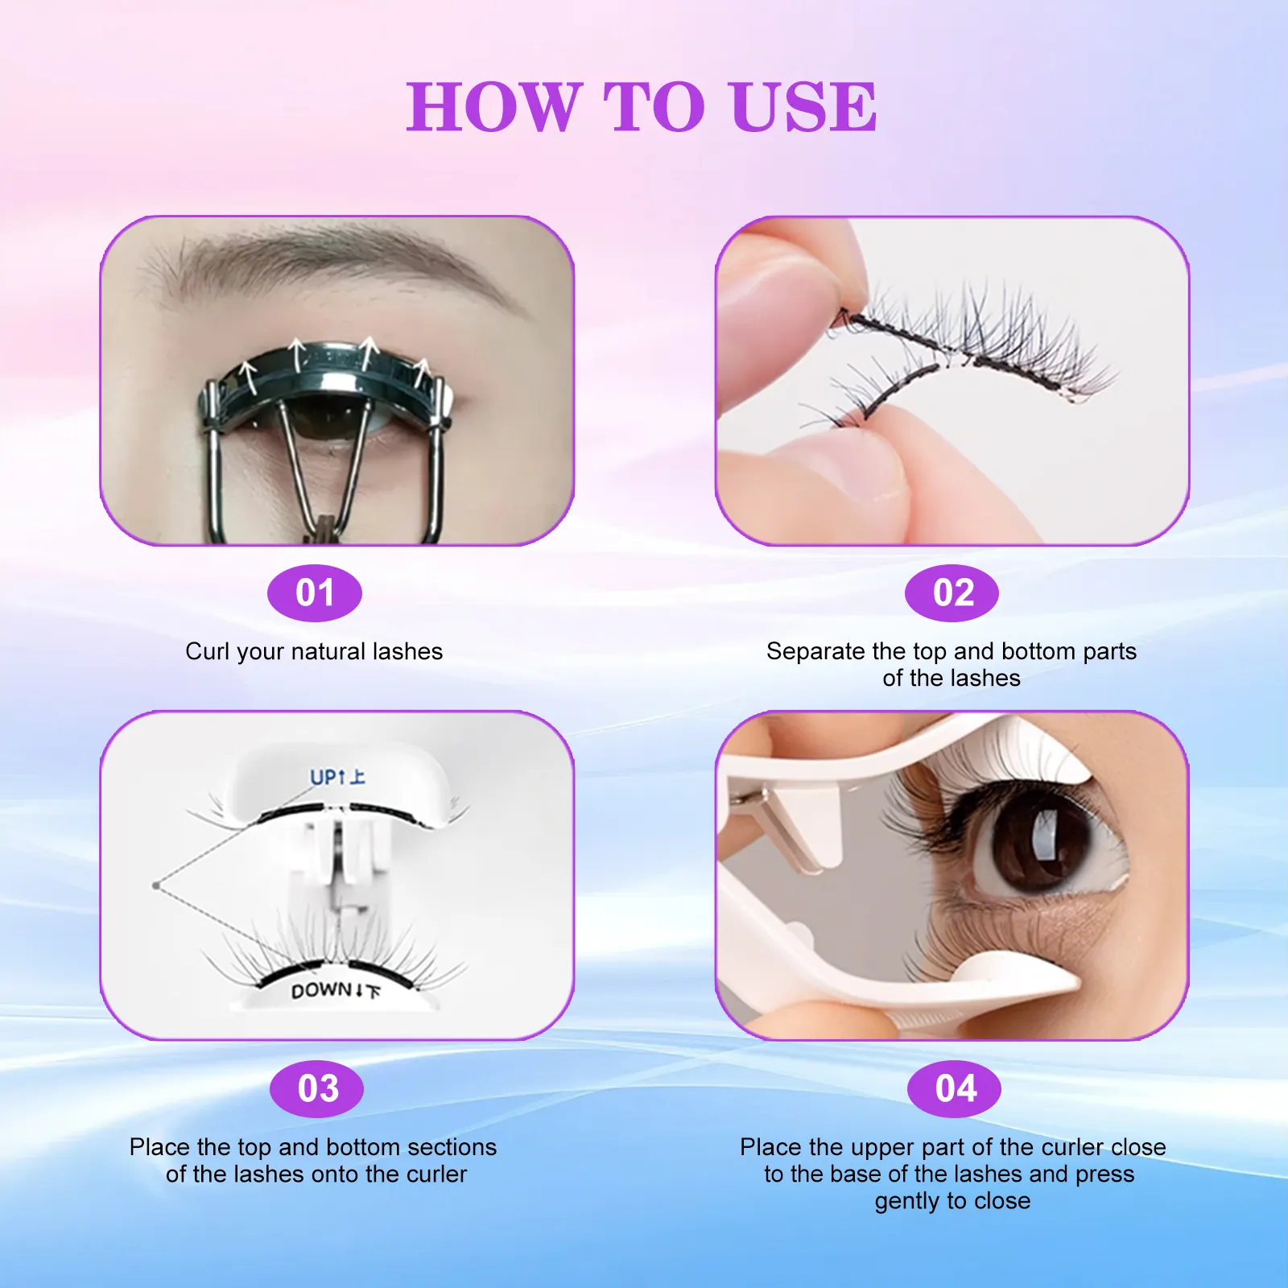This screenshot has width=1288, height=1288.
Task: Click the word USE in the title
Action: (803, 107)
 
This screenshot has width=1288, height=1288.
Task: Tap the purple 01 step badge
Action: (315, 593)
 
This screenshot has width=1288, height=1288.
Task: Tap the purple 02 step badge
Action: (952, 593)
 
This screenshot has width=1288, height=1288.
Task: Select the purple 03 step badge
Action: (317, 1088)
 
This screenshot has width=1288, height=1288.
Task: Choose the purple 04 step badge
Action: (955, 1088)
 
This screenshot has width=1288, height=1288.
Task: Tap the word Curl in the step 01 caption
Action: (207, 651)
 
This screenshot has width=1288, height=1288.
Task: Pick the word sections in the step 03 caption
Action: (452, 1147)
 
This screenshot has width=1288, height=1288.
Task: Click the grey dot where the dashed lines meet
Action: (155, 885)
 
